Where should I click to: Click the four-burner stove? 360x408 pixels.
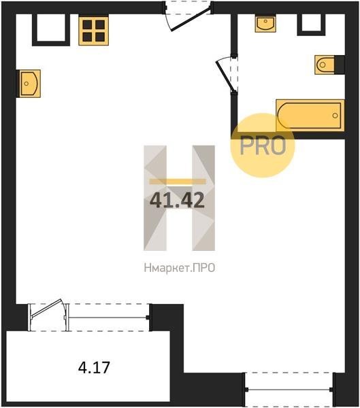(x=93, y=31)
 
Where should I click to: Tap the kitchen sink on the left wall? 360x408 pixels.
(x=29, y=84)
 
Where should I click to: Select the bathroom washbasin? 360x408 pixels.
(x=265, y=24)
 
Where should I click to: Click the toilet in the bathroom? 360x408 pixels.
(x=325, y=65)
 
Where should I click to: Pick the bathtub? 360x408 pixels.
(x=310, y=116)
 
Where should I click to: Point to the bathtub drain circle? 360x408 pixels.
(x=336, y=116)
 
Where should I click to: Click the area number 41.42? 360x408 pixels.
(x=177, y=201)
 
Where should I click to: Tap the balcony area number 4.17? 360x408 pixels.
(x=94, y=367)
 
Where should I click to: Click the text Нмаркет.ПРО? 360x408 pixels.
(x=180, y=268)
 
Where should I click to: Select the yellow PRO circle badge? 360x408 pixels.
(x=263, y=146)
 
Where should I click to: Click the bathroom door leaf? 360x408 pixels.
(x=225, y=76)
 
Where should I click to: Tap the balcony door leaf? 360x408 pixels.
(x=46, y=308)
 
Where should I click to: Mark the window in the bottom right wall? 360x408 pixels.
(x=289, y=390)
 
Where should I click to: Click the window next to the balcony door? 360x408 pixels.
(x=108, y=318)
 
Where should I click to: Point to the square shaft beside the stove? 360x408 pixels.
(x=51, y=30)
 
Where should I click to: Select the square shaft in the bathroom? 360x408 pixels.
(x=311, y=24)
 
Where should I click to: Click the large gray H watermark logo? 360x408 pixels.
(x=179, y=198)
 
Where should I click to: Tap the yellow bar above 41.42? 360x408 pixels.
(x=178, y=182)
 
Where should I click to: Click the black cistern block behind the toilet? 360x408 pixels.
(x=340, y=65)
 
